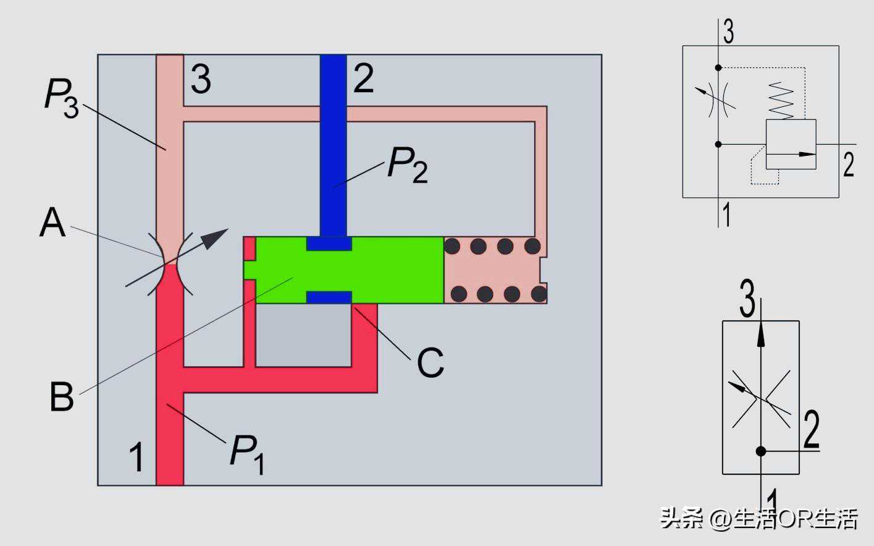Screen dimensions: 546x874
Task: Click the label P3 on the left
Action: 61,98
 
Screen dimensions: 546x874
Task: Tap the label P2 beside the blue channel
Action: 407,164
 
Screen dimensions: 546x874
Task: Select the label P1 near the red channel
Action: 247,453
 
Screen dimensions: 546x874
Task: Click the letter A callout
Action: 53,223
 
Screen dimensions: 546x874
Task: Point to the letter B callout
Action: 61,396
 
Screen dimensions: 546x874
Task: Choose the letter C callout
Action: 431,362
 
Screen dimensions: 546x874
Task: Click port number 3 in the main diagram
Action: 201,79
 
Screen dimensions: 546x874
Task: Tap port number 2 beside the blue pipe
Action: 363,78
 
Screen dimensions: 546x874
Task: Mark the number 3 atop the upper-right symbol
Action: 729,32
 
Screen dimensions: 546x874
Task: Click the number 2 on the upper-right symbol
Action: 849,164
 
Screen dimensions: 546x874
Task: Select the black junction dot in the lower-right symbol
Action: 761,451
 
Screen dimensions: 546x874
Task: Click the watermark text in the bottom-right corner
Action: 759,518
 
